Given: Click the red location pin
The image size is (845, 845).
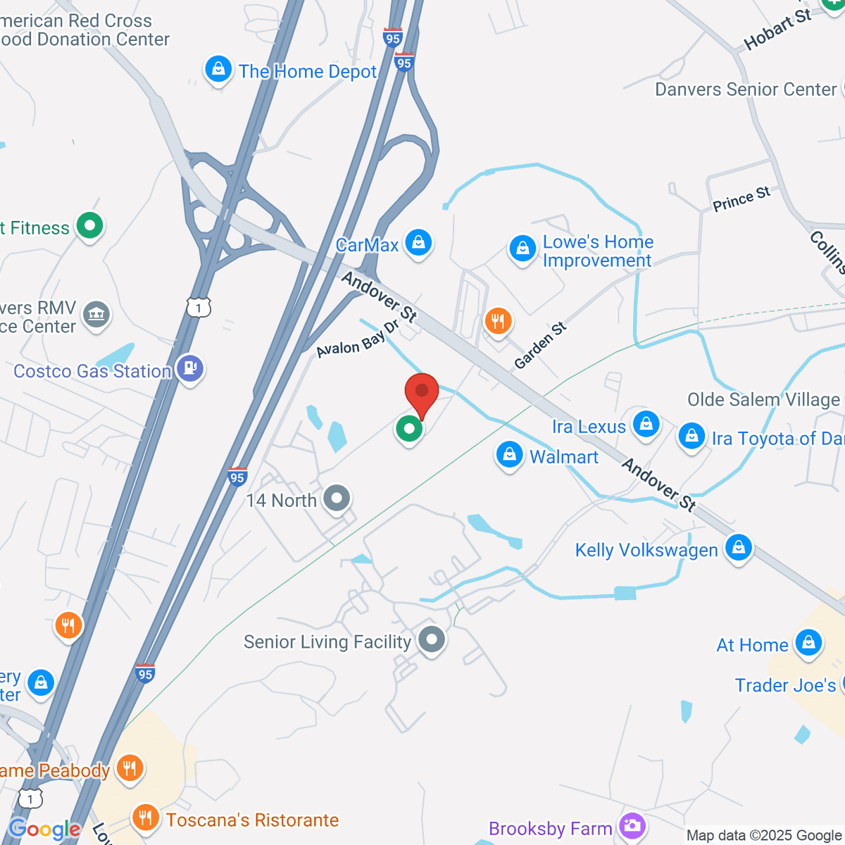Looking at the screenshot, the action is click(422, 391).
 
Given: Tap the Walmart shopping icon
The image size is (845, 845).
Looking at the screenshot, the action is click(509, 454).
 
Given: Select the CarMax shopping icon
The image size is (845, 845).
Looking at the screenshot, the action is click(418, 242).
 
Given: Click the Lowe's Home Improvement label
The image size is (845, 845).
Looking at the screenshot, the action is click(598, 251).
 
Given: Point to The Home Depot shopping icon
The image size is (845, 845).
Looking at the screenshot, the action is click(218, 69).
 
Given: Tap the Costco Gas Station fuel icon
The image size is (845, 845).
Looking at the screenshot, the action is click(190, 368).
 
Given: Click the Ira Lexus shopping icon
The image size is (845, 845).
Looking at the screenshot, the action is click(646, 423).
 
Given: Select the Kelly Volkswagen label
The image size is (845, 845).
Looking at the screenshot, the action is click(646, 550).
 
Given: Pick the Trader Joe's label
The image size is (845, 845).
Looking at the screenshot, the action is click(785, 685).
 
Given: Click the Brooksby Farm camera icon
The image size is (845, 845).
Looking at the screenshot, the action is click(632, 825).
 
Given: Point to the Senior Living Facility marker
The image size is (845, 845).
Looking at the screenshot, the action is click(432, 639).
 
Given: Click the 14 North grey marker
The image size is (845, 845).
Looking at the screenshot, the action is click(337, 498).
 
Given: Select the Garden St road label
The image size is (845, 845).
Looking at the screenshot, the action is click(540, 346).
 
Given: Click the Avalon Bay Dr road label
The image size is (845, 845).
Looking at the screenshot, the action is click(358, 339).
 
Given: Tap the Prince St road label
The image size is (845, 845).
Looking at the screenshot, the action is click(741, 199).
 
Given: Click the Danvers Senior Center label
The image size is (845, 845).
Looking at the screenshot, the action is click(746, 89).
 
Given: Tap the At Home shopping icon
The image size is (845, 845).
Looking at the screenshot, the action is click(808, 642).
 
